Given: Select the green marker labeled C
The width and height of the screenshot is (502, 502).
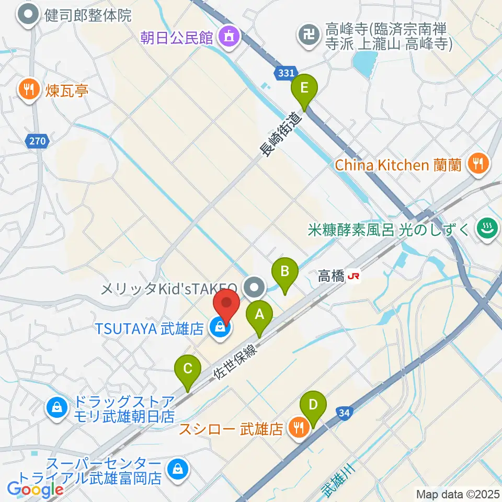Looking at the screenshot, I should pos(188,370).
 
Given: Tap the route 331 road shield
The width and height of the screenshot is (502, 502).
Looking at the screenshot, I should pos(286,73).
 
